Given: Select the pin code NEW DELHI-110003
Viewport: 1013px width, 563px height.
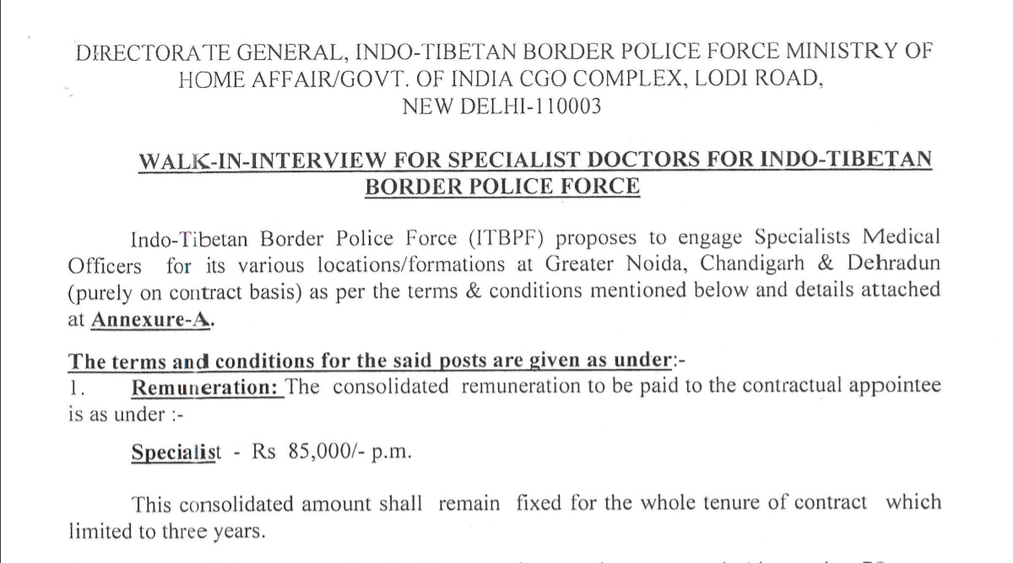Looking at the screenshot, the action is (502, 108).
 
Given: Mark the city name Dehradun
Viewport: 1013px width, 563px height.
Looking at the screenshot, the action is (891, 264).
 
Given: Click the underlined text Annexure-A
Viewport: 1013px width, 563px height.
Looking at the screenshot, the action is (150, 321).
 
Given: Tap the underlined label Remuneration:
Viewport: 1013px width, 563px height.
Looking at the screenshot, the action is (207, 387).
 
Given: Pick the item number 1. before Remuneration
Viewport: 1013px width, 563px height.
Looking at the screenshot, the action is (74, 387).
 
